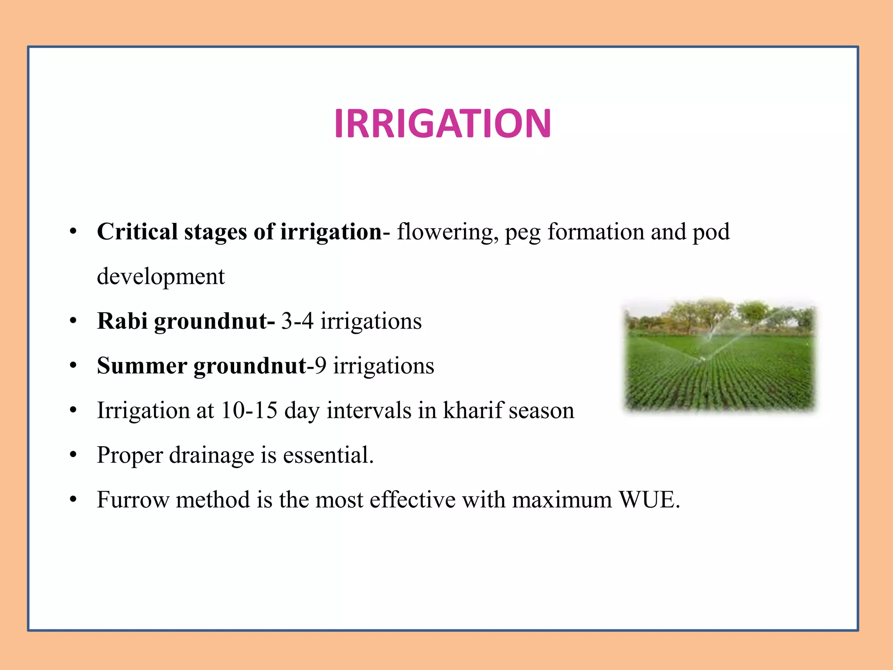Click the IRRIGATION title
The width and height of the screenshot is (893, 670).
443,124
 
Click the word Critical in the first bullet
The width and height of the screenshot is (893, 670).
137,232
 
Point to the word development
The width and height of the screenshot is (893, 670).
160,277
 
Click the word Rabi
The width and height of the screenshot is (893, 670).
122,321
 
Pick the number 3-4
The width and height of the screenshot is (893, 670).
297,321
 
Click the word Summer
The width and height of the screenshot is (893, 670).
142,366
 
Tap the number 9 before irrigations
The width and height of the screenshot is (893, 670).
320,366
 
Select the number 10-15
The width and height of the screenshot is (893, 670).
249,410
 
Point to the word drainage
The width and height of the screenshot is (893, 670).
211,455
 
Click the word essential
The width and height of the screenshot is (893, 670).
328,455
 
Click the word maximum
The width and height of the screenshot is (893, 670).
562,500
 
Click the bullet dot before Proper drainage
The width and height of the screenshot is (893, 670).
73,455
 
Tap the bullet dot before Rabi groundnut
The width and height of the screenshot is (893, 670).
73,321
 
